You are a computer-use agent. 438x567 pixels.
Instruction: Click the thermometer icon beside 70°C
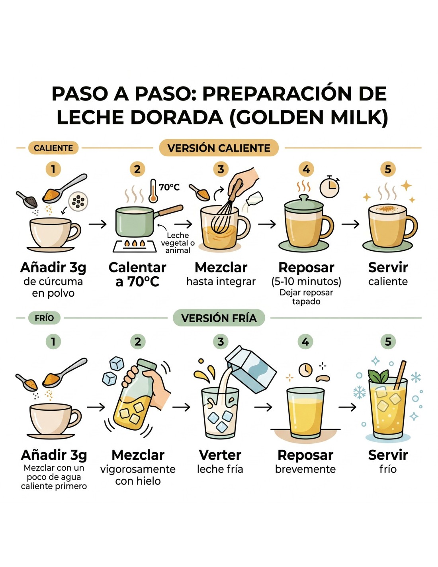[x=153, y=191]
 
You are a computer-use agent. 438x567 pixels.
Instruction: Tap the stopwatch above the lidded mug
[x=329, y=187]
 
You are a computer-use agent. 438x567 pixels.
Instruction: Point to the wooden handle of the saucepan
[x=170, y=210]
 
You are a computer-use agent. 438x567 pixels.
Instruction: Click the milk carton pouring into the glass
[x=251, y=370]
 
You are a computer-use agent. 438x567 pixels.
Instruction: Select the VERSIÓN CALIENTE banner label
[x=219, y=148]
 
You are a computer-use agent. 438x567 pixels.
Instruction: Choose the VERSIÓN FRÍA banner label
[x=219, y=318]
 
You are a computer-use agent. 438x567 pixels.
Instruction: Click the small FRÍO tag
[x=44, y=318]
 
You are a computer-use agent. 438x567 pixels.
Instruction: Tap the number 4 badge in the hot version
[x=306, y=169]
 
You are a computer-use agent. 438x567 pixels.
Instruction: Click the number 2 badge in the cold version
[x=138, y=342]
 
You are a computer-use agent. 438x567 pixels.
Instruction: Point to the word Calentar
[x=137, y=268]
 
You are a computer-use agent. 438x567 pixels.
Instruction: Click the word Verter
[x=220, y=455]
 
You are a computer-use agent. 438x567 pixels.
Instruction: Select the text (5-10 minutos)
[x=306, y=282]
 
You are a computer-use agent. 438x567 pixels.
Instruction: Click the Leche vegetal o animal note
[x=178, y=243]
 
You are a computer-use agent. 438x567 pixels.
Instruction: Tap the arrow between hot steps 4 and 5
[x=350, y=224]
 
